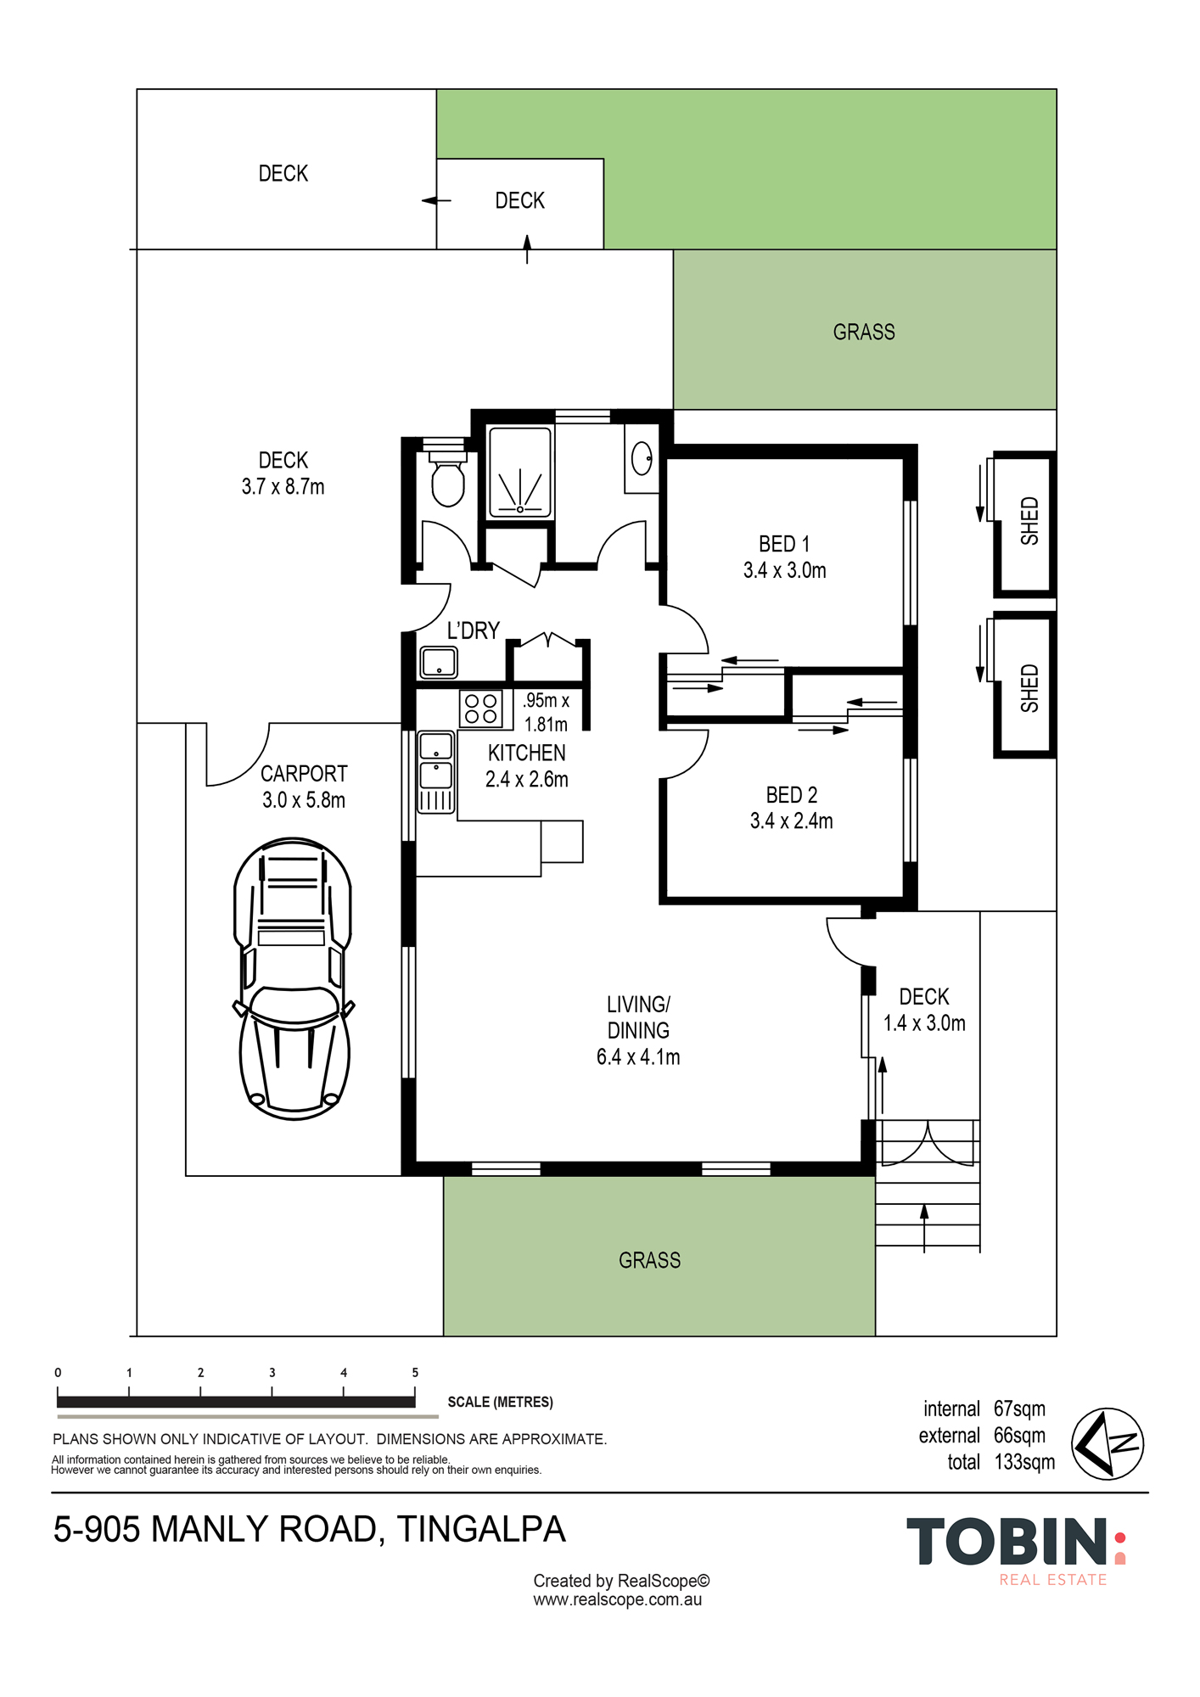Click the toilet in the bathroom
coord(448,477)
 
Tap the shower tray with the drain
coord(520,473)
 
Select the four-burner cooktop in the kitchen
coord(480,708)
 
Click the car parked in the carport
coord(294,978)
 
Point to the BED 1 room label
coord(784,544)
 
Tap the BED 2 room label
coord(791,795)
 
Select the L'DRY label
coord(474,630)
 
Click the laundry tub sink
coord(439,662)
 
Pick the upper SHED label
coord(1029,521)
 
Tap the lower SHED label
coord(1029,688)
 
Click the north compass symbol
coord(1107,1444)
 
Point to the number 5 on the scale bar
coord(415,1372)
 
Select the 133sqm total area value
coord(1024,1462)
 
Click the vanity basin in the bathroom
coord(642,458)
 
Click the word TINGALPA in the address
coord(481,1529)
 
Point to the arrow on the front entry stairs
coord(924,1228)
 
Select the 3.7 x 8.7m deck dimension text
coord(283,487)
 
